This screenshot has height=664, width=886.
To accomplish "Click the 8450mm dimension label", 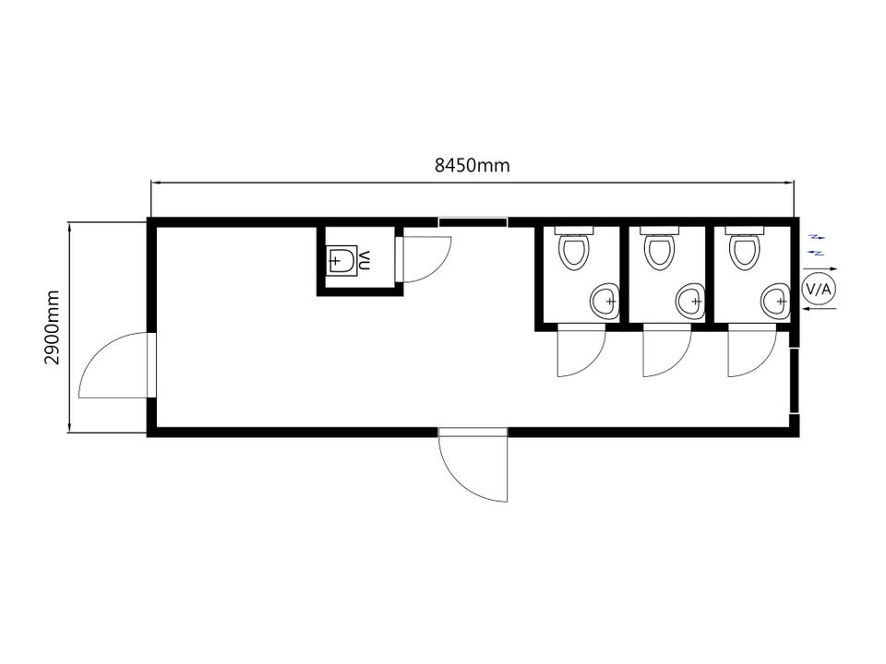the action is (472, 165).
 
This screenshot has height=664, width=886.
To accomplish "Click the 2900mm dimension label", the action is (53, 327).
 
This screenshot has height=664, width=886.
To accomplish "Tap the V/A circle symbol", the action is (819, 289).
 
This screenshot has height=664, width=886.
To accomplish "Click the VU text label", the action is (365, 260).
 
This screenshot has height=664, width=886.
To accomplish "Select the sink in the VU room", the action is (341, 260).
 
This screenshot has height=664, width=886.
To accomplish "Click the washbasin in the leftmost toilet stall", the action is (605, 301).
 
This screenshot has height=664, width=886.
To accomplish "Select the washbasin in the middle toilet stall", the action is (690, 301).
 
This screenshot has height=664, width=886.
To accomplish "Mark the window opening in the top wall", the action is (473, 222).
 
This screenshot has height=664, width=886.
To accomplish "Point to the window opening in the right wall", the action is (795, 381).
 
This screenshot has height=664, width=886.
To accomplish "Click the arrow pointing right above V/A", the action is (820, 269).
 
